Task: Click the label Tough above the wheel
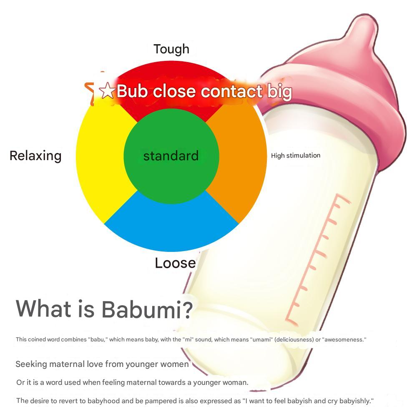point(171,49)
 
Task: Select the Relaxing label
point(35,156)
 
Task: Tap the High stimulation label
point(296,156)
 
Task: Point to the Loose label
point(175,263)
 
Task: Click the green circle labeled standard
point(171,156)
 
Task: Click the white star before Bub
point(107,91)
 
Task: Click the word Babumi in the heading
point(147,309)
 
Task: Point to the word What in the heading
point(43,309)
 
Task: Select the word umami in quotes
point(264,339)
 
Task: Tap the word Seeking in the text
point(31,364)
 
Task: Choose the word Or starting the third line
point(20,382)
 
